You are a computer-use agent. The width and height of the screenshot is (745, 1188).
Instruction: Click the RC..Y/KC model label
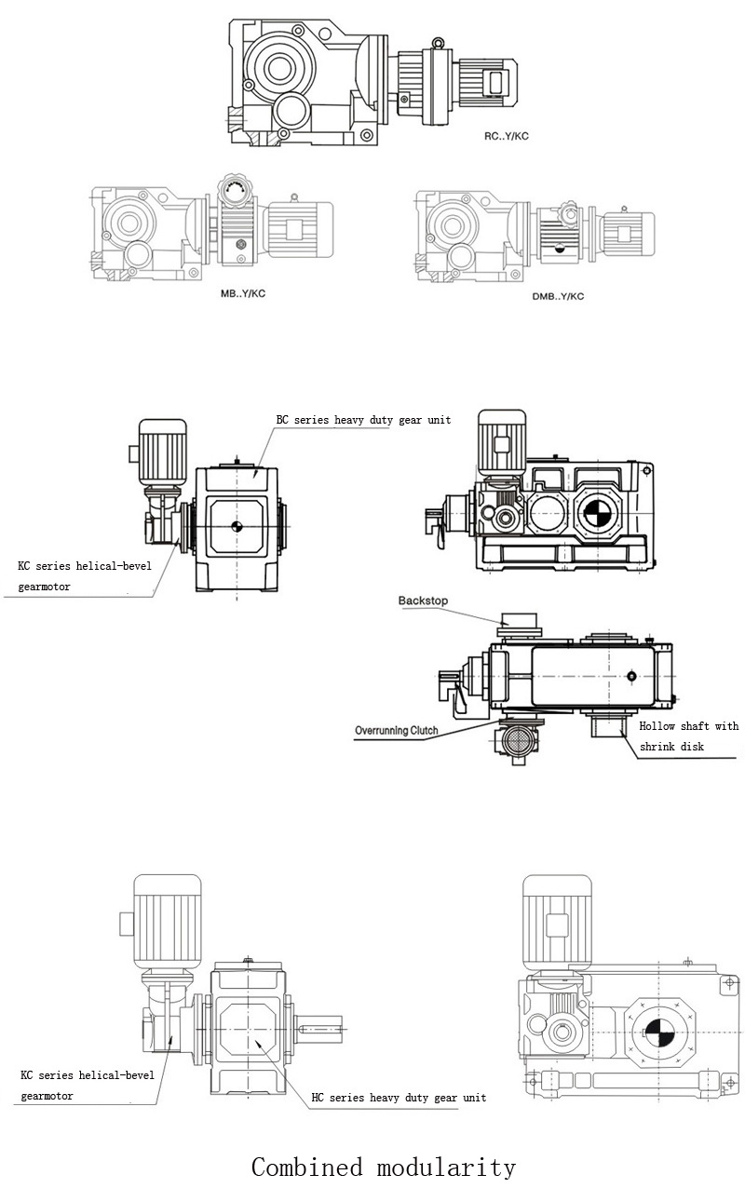pyautogui.click(x=507, y=136)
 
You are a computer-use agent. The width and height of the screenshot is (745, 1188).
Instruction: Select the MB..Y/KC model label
pyautogui.click(x=243, y=294)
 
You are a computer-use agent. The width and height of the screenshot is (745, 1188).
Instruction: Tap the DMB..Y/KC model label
pyautogui.click(x=558, y=296)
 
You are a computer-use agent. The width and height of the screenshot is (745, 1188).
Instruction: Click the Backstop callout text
pyautogui.click(x=423, y=601)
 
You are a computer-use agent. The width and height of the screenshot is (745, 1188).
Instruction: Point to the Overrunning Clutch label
pyautogui.click(x=397, y=730)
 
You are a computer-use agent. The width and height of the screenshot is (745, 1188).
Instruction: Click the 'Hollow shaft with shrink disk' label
pyautogui.click(x=688, y=736)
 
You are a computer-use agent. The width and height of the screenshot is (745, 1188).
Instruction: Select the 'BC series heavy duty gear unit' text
pyautogui.click(x=363, y=420)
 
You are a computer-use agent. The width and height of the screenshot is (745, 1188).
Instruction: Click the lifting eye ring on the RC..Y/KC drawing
pyautogui.click(x=438, y=42)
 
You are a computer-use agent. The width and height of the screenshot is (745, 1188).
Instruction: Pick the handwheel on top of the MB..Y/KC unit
pyautogui.click(x=235, y=187)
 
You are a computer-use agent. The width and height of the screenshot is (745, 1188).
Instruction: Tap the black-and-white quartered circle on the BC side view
pyautogui.click(x=598, y=512)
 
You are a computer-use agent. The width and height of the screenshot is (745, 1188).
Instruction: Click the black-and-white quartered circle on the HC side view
pyautogui.click(x=658, y=1033)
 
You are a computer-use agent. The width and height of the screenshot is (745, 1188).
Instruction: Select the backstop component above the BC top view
pyautogui.click(x=519, y=625)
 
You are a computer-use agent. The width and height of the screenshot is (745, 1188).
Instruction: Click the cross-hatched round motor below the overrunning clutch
pyautogui.click(x=518, y=740)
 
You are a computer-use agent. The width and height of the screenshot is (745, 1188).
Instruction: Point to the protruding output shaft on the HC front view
pyautogui.click(x=318, y=1029)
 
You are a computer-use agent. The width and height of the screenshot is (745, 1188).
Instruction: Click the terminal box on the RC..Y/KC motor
pyautogui.click(x=497, y=83)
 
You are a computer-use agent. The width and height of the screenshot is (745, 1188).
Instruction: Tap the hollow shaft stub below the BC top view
pyautogui.click(x=608, y=725)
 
